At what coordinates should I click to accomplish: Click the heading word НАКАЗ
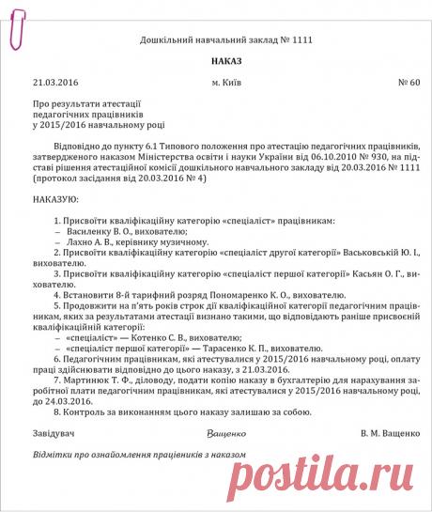[217, 60]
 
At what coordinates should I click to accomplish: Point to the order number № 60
[409, 84]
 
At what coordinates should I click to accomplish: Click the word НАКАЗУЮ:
[55, 200]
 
